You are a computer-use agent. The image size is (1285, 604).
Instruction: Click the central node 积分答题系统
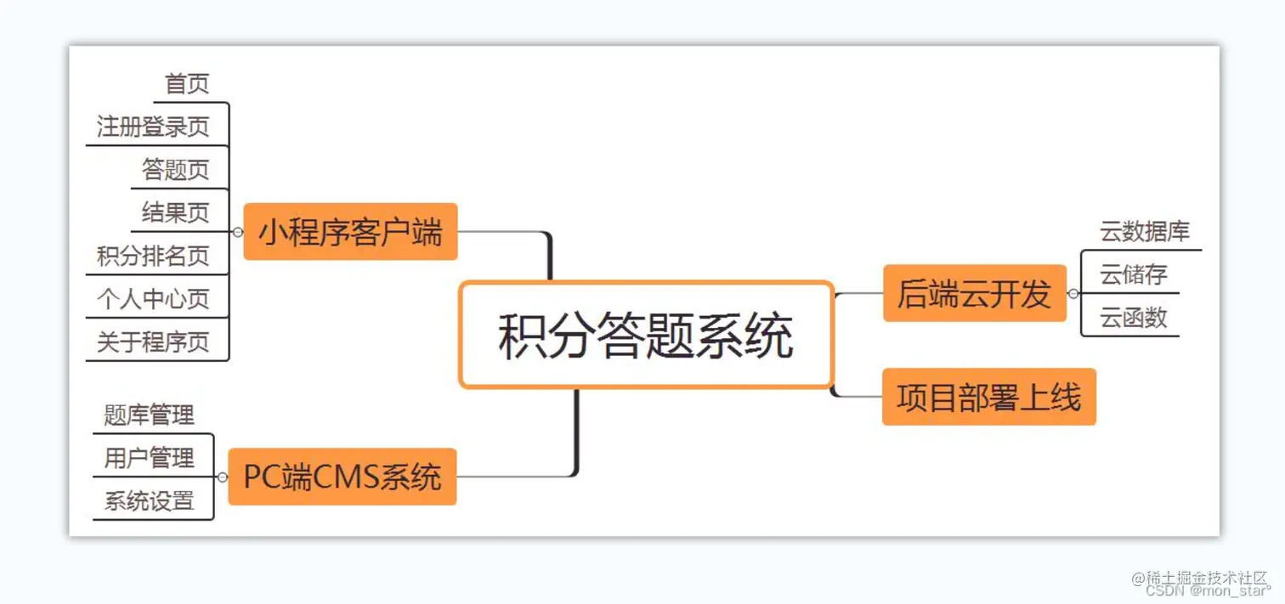(x=646, y=336)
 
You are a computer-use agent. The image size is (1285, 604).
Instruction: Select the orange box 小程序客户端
(x=350, y=231)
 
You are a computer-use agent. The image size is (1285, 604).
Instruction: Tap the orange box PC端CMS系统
(x=342, y=477)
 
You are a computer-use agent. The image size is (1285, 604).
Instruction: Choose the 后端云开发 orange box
(x=974, y=293)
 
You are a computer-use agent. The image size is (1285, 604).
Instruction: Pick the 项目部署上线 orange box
(x=988, y=397)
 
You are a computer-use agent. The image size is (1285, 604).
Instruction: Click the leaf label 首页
(x=187, y=84)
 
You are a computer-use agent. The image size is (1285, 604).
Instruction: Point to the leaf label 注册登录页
(x=153, y=127)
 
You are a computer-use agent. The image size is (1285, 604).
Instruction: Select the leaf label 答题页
(x=175, y=170)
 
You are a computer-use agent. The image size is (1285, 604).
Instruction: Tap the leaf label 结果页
(x=175, y=212)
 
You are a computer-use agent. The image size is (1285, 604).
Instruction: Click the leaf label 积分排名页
(x=153, y=257)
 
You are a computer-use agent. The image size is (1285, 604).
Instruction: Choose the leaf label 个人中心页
(x=153, y=299)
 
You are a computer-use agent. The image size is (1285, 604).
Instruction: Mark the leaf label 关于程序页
(x=153, y=342)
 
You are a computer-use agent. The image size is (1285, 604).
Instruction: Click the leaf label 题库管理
(x=150, y=415)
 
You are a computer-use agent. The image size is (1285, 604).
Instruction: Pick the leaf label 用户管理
(x=150, y=459)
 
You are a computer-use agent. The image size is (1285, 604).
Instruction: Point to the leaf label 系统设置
(x=150, y=501)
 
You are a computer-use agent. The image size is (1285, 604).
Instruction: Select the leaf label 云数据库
(x=1145, y=232)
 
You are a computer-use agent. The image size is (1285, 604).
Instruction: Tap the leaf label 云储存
(x=1134, y=274)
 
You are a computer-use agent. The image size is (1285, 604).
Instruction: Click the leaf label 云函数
(x=1134, y=318)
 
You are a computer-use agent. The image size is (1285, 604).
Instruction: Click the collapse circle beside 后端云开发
(x=1073, y=293)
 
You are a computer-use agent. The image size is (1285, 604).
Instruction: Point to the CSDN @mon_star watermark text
(x=1208, y=590)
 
